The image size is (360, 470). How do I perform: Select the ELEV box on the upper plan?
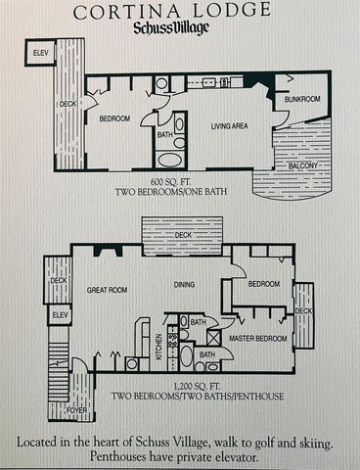coord(41,51)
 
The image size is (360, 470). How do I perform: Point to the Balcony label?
coord(302,165)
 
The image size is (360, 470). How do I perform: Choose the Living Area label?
coord(232,125)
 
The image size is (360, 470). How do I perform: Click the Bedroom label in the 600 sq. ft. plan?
coord(116,118)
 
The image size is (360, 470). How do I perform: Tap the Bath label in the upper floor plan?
coord(165,135)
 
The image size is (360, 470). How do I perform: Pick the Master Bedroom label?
coord(258,339)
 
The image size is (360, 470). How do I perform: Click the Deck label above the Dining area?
coord(184,235)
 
